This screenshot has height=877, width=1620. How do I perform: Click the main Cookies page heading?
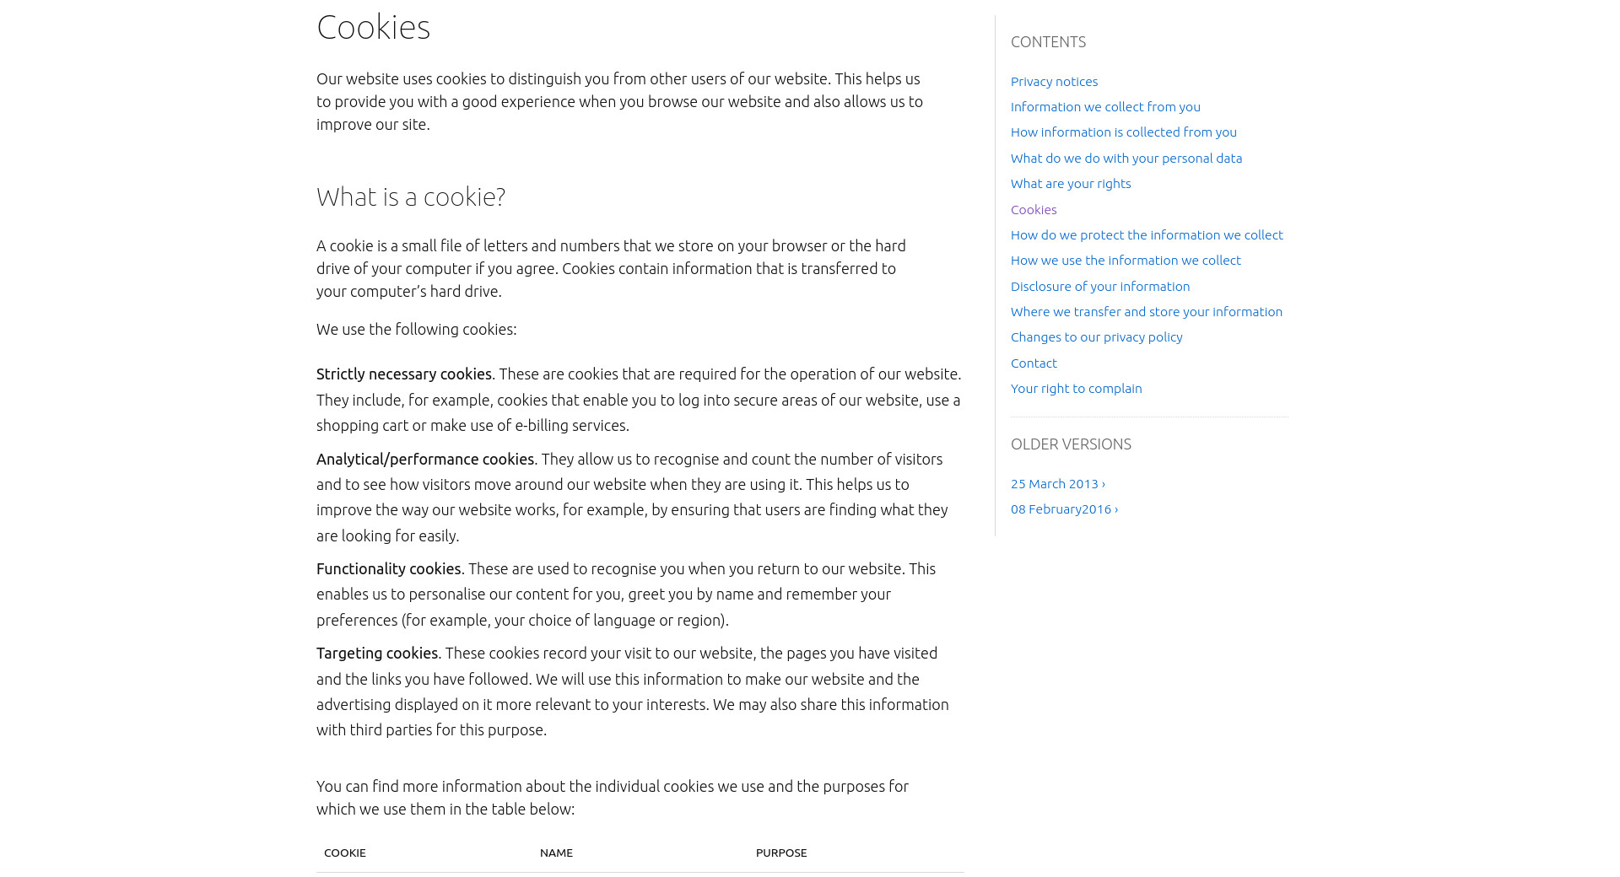pos(373,27)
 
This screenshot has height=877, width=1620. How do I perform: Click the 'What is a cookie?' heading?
pos(411,196)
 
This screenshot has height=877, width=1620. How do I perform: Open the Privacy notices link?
pos(1054,82)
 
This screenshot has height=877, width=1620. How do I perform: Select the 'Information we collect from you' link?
pos(1105,107)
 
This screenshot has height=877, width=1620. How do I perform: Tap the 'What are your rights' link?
pos(1071,184)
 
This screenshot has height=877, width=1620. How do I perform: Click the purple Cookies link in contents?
pos(1034,210)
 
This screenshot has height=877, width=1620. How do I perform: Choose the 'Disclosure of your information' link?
pos(1100,287)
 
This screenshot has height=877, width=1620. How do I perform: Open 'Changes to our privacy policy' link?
pos(1096,337)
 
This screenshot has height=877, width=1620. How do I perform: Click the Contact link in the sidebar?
pos(1034,363)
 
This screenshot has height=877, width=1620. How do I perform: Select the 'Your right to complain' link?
pos(1076,389)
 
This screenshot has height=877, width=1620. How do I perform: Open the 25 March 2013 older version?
pos(1057,484)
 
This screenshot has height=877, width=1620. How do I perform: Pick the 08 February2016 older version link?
pos(1064,509)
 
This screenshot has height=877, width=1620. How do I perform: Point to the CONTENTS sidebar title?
pos(1048,42)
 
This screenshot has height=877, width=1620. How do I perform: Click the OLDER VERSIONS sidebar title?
pos(1071,444)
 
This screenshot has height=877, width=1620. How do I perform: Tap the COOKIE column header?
pos(345,853)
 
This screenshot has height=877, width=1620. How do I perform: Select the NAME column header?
pos(556,853)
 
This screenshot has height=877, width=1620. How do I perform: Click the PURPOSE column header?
pos(781,853)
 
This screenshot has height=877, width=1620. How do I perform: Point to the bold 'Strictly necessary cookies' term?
pos(403,374)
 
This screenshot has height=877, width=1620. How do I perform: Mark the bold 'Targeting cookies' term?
pos(377,654)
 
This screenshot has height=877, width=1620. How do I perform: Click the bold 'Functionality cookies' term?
pos(388,569)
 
